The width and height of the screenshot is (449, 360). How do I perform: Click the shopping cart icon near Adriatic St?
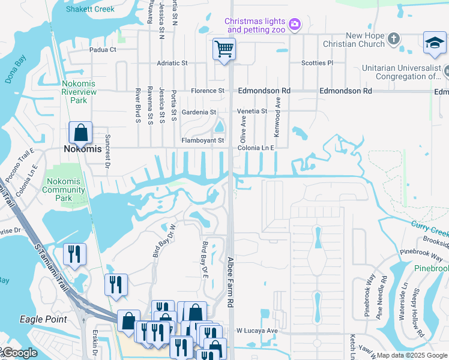[x=224, y=49]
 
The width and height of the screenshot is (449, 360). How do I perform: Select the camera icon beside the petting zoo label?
[x=294, y=25]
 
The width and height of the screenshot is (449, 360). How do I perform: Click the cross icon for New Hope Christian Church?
[x=394, y=39]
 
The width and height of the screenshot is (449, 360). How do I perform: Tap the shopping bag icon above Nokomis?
[x=80, y=133]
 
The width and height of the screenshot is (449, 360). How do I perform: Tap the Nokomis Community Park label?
[x=68, y=190]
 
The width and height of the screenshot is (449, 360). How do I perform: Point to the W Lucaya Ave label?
[x=257, y=331]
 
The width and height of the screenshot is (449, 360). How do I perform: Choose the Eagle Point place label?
[x=43, y=319]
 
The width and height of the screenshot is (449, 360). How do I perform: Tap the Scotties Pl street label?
[x=317, y=63]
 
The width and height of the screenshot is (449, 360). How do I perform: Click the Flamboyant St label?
[x=203, y=141]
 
